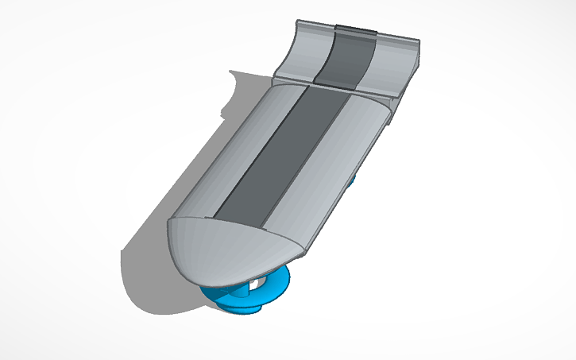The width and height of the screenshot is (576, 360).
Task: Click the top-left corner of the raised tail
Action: coord(298,21)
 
